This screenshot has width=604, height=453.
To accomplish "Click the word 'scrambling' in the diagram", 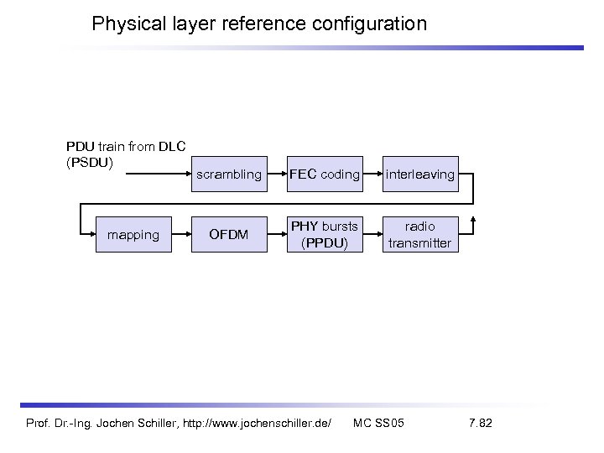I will click(228, 175).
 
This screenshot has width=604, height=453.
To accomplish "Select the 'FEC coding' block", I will click(324, 175).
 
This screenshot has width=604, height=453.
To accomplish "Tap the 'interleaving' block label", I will click(420, 175).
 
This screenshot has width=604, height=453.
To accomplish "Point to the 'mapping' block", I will click(133, 234).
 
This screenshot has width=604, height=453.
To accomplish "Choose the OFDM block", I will click(228, 234).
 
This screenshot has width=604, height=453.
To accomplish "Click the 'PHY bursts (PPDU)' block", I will click(324, 234).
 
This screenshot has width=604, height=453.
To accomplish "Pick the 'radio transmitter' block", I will click(420, 234).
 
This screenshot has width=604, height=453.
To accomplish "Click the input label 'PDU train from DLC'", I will click(126, 147).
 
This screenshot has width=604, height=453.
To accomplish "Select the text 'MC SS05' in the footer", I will click(379, 422).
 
